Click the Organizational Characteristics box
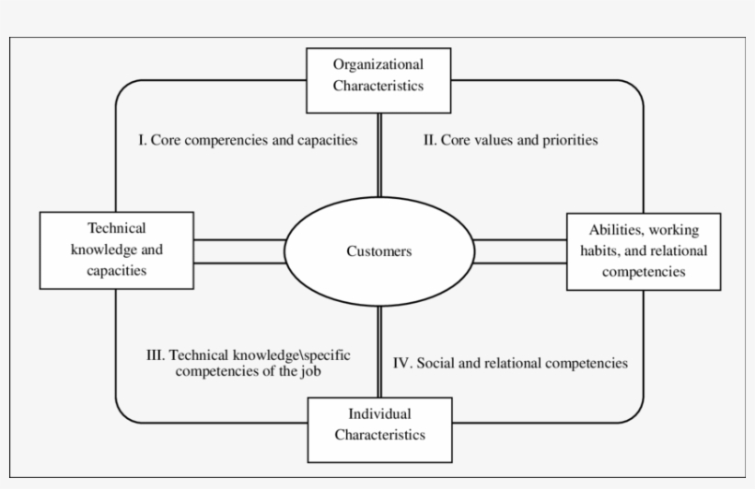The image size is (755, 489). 378,76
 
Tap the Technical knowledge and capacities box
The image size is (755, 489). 116,250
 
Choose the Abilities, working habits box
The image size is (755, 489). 643,251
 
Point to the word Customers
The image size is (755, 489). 378,251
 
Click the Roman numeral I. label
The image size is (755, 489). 142,141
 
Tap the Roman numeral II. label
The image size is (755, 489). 429,141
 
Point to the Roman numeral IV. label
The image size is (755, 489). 402,363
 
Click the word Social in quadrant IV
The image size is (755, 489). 436,363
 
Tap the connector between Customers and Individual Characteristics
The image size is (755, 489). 378,350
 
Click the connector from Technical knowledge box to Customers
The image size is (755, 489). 239,251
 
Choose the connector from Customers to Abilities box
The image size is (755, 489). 519,251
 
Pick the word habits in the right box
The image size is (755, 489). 609,251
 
